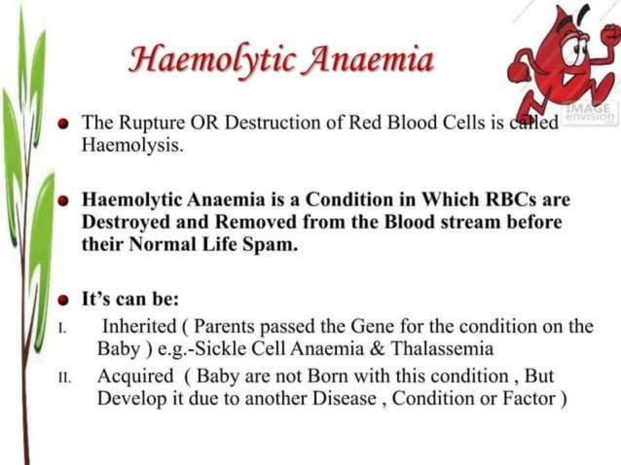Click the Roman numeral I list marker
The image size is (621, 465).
[x=61, y=327]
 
